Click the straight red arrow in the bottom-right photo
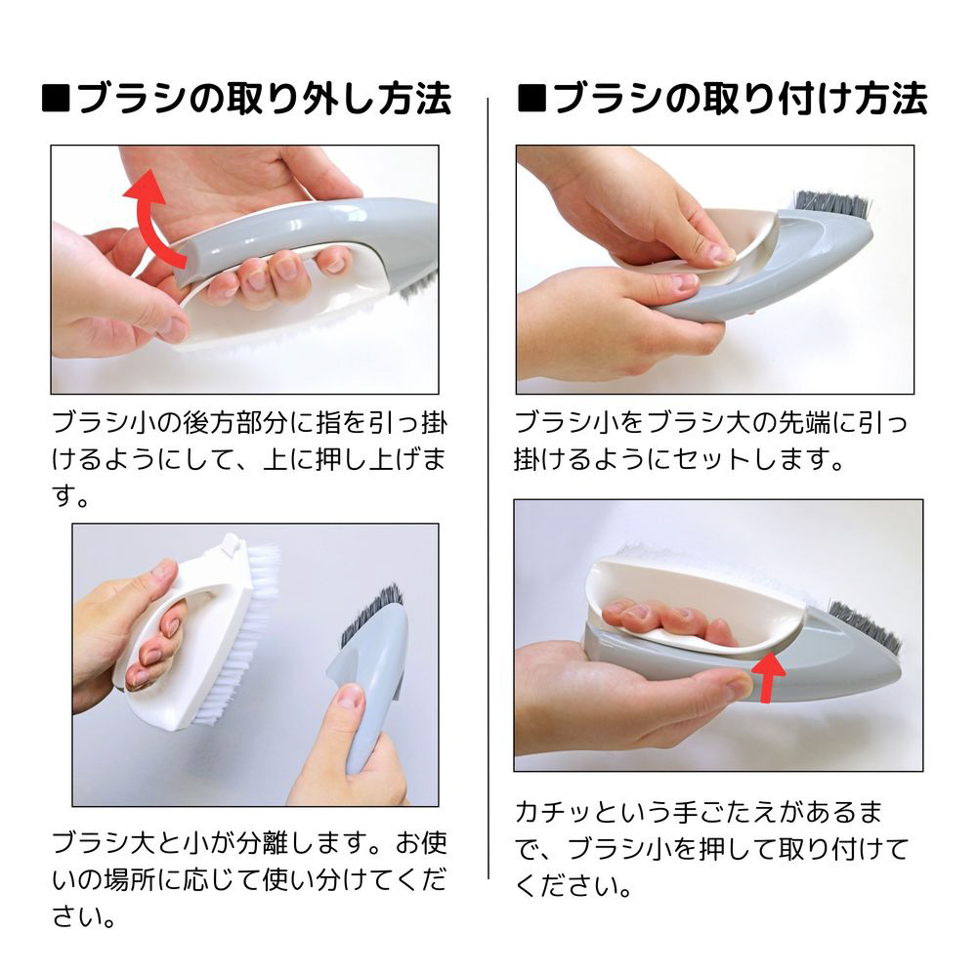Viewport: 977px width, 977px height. click(x=768, y=677)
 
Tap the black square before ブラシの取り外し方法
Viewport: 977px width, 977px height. click(x=56, y=99)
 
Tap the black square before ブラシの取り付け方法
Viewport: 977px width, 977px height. click(x=532, y=99)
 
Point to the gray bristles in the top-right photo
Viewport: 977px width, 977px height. click(x=831, y=205)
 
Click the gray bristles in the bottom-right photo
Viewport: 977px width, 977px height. click(x=865, y=626)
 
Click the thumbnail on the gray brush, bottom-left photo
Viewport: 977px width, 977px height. click(x=350, y=698)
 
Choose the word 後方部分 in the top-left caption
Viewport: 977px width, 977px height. click(x=235, y=423)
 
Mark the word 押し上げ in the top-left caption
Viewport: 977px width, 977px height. click(x=367, y=460)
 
